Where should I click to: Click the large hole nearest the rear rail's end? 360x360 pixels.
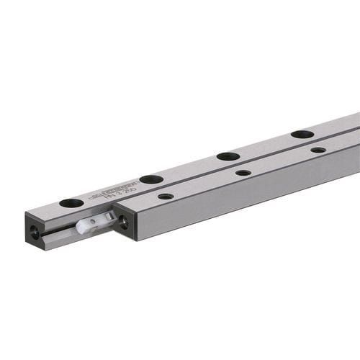(x=71, y=203)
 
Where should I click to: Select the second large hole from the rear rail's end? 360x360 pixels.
(x=151, y=179)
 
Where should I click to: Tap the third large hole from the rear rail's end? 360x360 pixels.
(x=228, y=156)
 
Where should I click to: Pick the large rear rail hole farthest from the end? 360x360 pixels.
(x=302, y=134)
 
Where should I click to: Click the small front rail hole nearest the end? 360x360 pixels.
(x=166, y=196)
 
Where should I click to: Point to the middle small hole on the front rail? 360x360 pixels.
(x=243, y=173)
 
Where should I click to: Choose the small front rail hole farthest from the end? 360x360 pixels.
(x=318, y=150)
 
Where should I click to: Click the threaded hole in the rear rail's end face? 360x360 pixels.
(x=35, y=233)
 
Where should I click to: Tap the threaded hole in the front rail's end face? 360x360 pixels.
(x=124, y=223)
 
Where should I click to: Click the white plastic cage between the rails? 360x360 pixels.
(x=98, y=224)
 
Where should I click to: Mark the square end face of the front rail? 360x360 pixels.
(x=124, y=224)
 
